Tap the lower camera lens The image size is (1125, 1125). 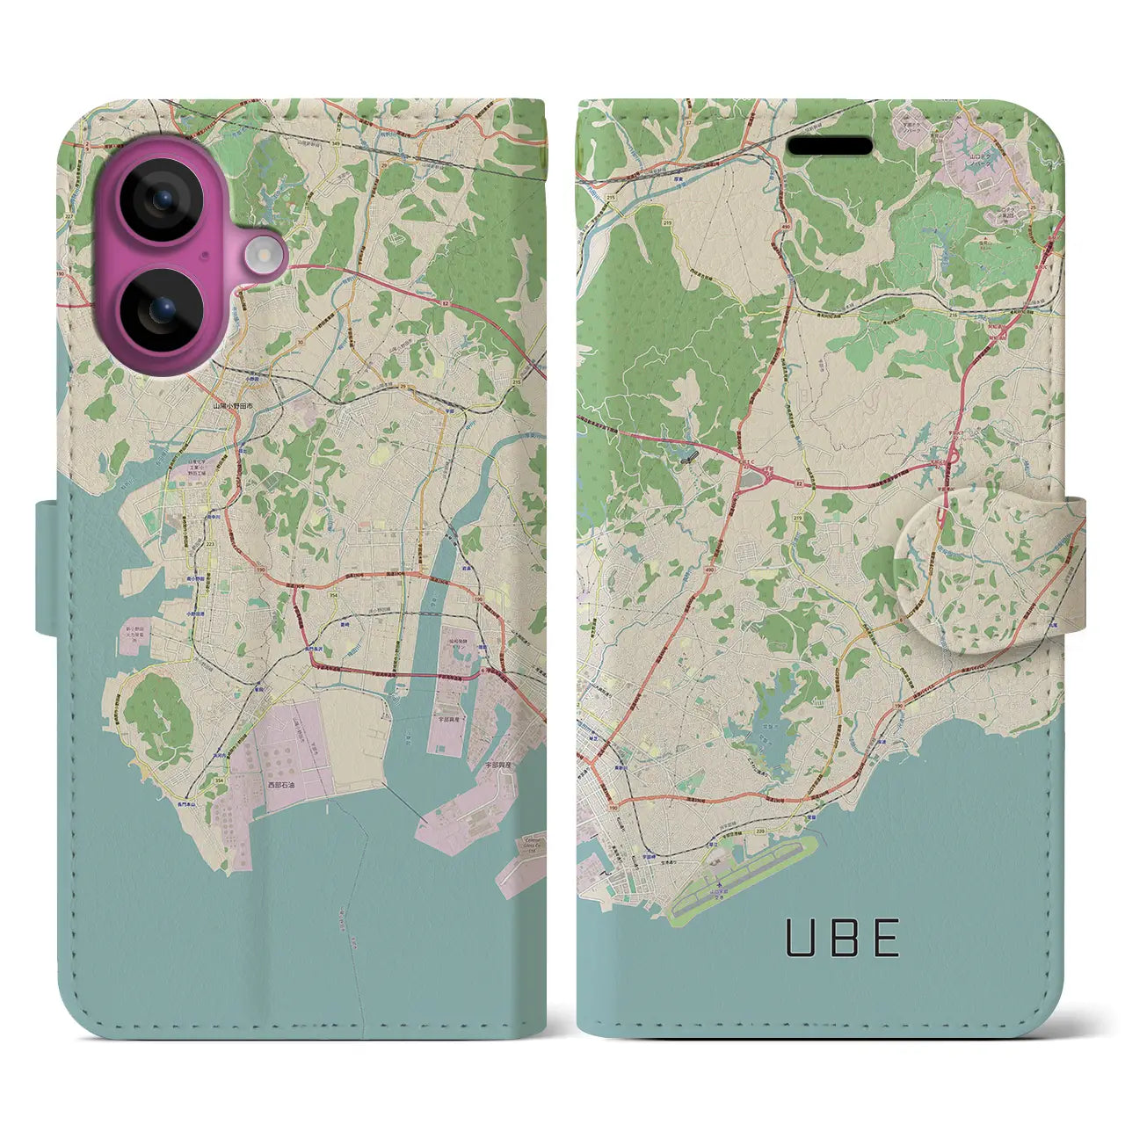162,308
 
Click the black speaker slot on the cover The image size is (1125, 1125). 829,146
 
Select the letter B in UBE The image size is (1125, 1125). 841,938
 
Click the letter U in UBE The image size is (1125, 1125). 801,938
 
